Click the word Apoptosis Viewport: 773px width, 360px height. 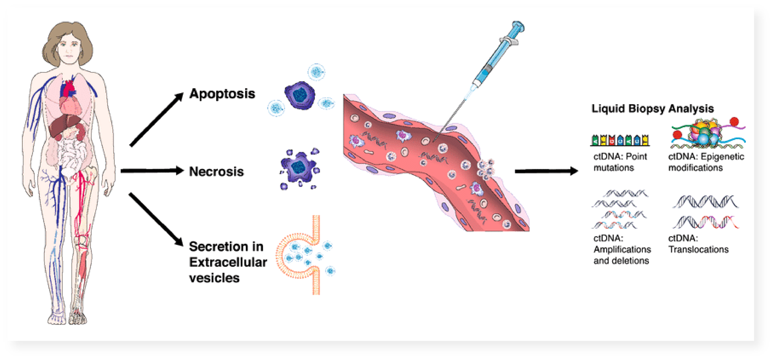click(222, 94)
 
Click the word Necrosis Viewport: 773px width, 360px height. click(216, 172)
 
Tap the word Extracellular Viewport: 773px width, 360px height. click(228, 262)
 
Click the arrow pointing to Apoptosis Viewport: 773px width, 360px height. click(156, 119)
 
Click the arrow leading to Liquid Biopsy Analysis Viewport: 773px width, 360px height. click(546, 171)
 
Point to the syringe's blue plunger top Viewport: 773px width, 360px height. click(518, 26)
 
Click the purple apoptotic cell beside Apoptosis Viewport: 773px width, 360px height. click(300, 95)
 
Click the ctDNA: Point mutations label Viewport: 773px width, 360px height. click(620, 162)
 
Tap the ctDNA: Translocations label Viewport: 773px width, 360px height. click(698, 244)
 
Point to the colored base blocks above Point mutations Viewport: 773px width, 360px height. click(620, 140)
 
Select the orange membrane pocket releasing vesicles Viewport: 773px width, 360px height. click(300, 255)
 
